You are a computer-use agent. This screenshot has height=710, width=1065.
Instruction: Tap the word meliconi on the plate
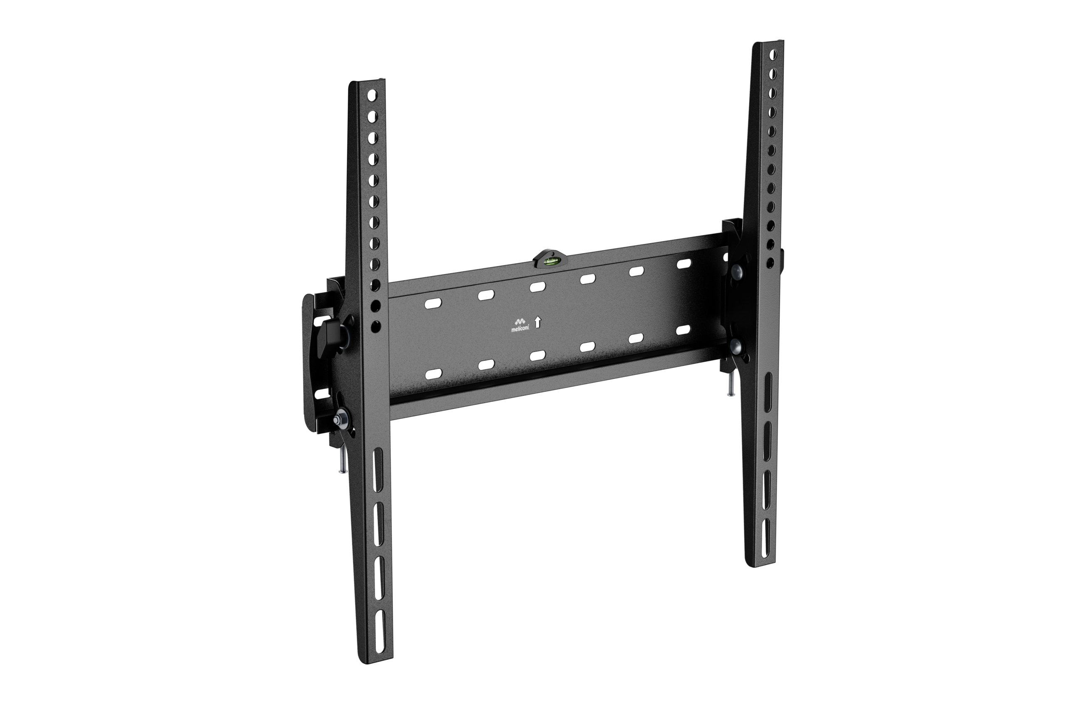[x=520, y=329]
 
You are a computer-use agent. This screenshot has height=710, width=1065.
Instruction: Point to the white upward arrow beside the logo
[x=537, y=322]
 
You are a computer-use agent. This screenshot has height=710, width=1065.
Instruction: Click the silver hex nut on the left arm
[x=339, y=419]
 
